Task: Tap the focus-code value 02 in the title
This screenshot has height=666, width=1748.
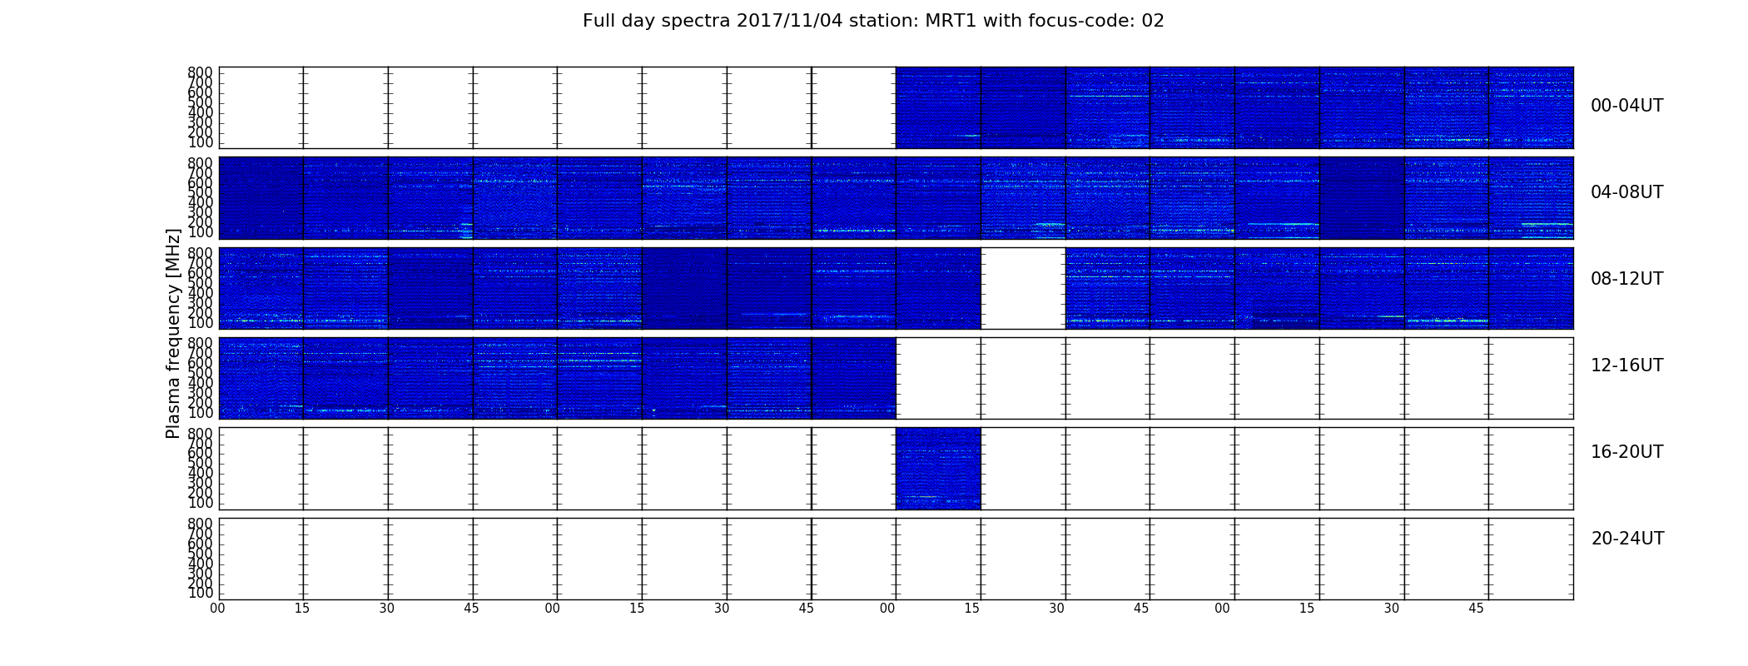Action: pos(1153,21)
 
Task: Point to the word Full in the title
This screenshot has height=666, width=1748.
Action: pos(599,21)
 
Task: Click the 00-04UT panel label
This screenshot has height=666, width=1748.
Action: pos(1627,106)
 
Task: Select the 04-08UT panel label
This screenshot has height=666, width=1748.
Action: pos(1627,192)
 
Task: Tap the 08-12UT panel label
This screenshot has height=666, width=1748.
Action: pos(1627,279)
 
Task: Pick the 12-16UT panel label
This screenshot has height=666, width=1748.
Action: pos(1627,365)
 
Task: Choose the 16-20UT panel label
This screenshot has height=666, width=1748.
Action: pos(1627,452)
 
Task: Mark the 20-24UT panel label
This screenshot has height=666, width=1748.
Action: pos(1627,539)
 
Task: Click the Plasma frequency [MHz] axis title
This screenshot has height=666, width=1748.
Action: pos(173,333)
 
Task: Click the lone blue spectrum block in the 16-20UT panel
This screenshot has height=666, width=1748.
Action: pos(938,468)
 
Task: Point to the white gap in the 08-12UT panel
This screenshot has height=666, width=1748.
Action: pos(1023,288)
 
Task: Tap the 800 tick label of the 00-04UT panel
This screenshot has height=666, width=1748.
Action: pos(200,72)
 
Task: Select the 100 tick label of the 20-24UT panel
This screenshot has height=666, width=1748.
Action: pos(200,593)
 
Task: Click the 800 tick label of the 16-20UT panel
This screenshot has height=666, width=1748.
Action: pos(200,433)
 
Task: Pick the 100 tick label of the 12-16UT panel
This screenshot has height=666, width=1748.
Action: pos(200,413)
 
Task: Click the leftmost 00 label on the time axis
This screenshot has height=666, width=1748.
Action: pos(217,609)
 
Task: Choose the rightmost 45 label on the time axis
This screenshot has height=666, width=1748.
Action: pos(1476,609)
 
